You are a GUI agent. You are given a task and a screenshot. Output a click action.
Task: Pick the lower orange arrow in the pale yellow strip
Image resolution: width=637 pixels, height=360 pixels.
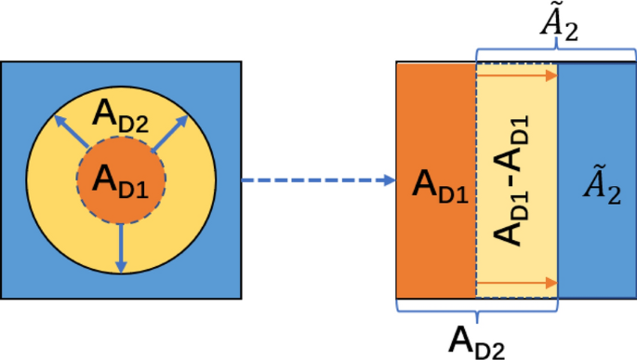click(x=516, y=280)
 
